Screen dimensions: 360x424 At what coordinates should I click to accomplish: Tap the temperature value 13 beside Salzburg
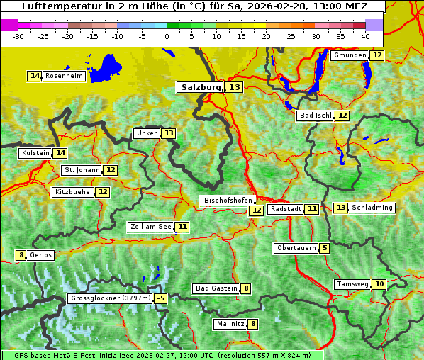point(235,87)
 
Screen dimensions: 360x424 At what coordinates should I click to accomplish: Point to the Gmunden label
point(350,55)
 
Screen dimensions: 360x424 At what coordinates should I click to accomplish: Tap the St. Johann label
point(82,170)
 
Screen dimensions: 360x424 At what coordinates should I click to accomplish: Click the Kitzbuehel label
point(73,192)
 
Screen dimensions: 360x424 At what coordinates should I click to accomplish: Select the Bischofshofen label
point(228,201)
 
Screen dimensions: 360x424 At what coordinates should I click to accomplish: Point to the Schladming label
point(372,208)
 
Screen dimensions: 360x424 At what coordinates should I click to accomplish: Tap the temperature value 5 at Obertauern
point(324,248)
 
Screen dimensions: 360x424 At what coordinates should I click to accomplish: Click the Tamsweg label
point(352,284)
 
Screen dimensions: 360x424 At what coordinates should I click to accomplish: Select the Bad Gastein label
point(216,288)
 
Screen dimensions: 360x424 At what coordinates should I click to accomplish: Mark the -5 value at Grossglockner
point(161,298)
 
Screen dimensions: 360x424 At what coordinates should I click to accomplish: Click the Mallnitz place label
point(230,324)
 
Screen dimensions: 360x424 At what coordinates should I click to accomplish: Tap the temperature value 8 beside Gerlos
point(21,255)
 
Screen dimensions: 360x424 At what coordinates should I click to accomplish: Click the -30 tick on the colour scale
point(18,36)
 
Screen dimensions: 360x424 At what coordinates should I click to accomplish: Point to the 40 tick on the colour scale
point(365,36)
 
